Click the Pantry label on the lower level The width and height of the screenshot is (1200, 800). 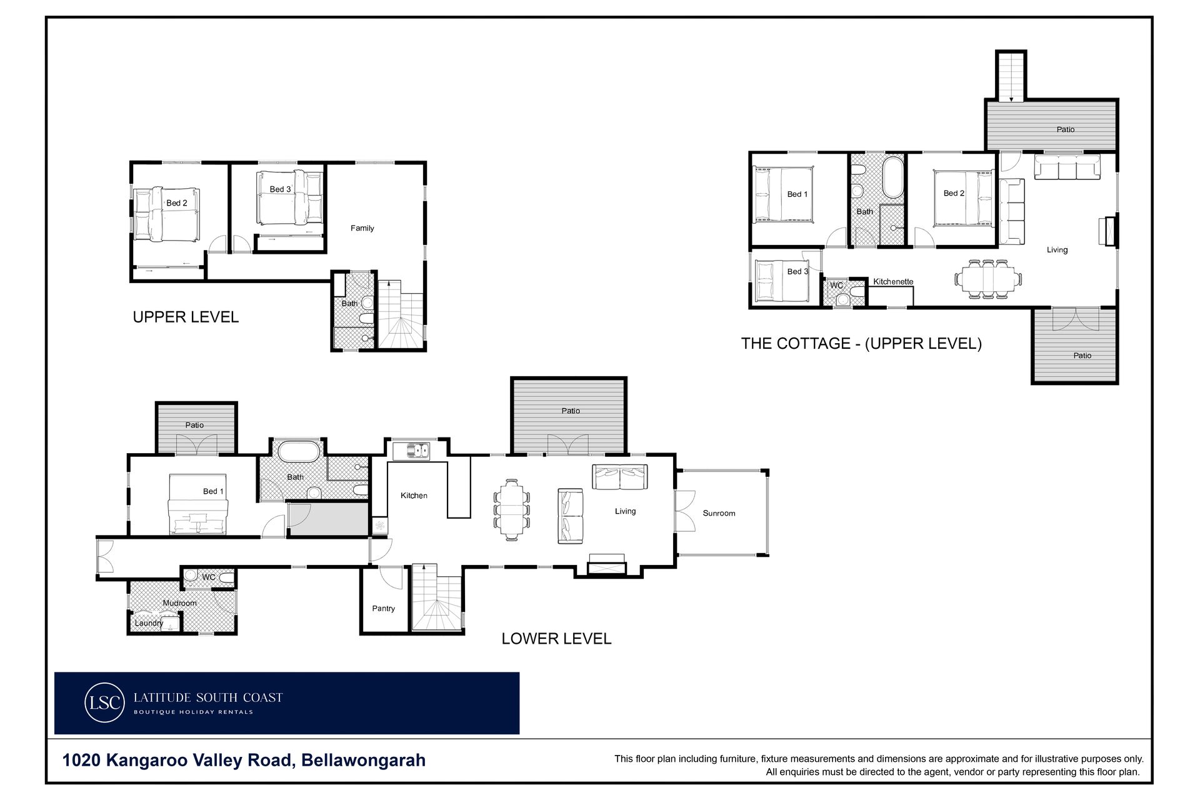[383, 608]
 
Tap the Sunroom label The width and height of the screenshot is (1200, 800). [719, 513]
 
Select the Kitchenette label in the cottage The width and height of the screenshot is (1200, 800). [893, 282]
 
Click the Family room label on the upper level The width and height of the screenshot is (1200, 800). [362, 228]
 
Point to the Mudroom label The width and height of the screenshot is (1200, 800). [179, 603]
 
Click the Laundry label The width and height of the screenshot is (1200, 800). [149, 623]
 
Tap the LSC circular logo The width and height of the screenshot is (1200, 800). [104, 702]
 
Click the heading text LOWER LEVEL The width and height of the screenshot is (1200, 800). [556, 639]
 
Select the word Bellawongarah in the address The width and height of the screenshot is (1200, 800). [363, 761]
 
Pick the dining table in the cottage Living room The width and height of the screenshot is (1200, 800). [988, 278]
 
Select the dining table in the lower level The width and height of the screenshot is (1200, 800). [512, 509]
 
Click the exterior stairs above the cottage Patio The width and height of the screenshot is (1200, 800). [1011, 76]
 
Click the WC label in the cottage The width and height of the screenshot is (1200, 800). [836, 286]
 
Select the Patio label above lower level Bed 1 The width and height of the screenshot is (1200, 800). [194, 425]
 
